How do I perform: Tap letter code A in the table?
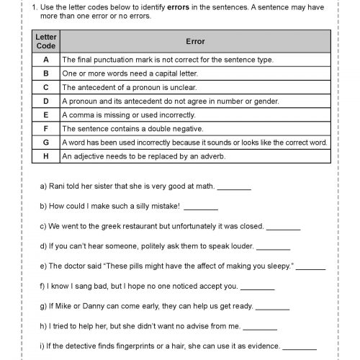coord(46,60)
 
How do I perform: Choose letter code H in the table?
coord(46,156)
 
